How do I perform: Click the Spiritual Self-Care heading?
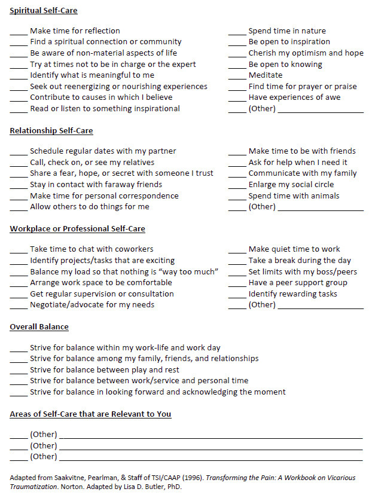point(44,11)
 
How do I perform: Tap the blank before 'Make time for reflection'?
point(19,32)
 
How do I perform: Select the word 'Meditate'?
point(265,75)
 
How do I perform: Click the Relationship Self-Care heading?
point(51,131)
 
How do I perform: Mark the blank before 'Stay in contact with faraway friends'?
point(19,186)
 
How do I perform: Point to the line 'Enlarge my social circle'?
point(291,185)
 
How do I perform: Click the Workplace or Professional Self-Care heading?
point(77,229)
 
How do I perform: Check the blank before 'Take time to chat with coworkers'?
point(19,250)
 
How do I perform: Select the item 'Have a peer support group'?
point(298,283)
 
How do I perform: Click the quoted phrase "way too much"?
point(192,272)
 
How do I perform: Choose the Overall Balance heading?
point(39,327)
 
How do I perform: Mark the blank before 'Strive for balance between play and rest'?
point(19,371)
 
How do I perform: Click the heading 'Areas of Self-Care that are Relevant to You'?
point(90,414)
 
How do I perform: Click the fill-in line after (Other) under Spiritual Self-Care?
point(321,111)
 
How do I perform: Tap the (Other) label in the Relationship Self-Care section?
point(262,207)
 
